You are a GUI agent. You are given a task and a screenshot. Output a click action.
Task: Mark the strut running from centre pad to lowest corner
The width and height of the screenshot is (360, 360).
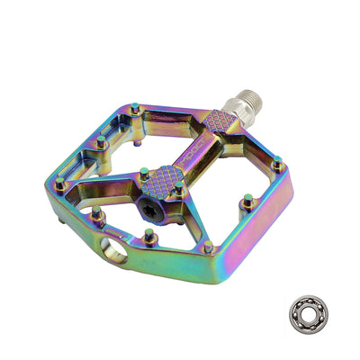(184, 216)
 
